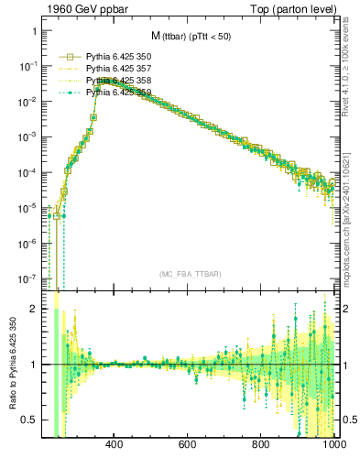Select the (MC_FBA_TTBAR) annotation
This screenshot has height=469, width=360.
191,274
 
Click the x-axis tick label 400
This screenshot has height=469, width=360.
115,446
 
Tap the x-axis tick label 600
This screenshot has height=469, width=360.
188,446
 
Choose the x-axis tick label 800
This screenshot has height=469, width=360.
261,446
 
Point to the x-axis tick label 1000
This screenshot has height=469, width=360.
332,446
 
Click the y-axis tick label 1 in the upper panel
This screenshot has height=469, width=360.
34,31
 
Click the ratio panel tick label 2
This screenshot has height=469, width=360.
34,310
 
